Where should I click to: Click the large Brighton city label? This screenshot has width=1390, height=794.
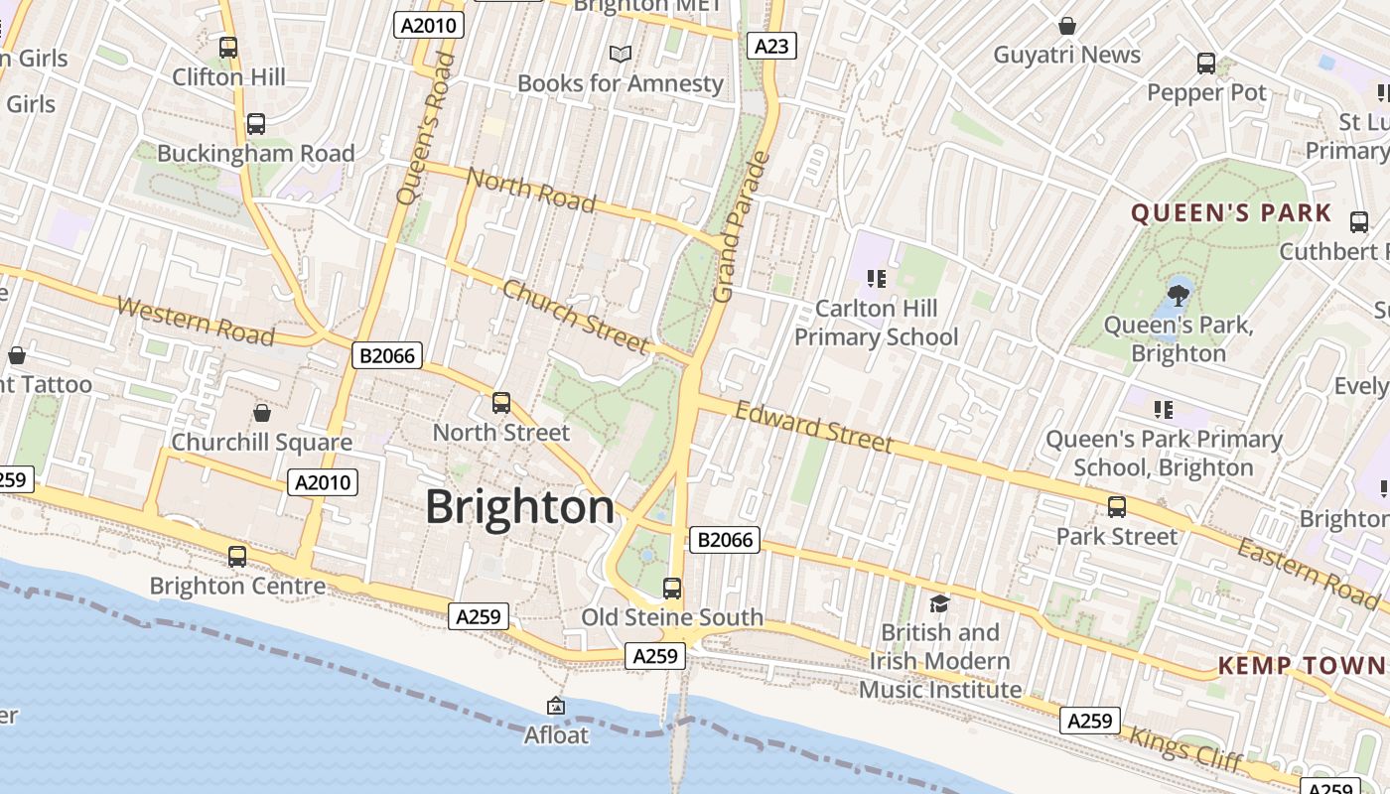click(x=520, y=507)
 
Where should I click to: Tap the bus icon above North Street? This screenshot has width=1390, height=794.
click(x=501, y=403)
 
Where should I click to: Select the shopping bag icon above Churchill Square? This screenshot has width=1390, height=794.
click(x=262, y=412)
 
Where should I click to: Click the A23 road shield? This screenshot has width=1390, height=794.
click(x=771, y=46)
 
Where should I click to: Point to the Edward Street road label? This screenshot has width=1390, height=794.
click(x=814, y=426)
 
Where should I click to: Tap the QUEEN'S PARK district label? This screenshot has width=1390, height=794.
click(x=1231, y=213)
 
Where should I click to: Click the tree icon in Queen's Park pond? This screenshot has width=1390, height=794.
click(x=1179, y=294)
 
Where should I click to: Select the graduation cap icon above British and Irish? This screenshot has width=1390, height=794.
click(x=939, y=603)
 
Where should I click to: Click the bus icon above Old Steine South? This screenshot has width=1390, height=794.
click(x=672, y=589)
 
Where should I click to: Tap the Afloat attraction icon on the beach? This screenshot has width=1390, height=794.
click(x=556, y=706)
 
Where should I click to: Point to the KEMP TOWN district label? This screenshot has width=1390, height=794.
click(x=1303, y=665)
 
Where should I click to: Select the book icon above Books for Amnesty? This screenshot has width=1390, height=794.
click(x=621, y=54)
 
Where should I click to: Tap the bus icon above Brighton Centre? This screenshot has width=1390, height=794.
click(x=237, y=557)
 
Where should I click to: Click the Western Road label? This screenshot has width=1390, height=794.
click(x=196, y=321)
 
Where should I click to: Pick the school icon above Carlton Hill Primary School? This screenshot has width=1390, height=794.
click(x=876, y=278)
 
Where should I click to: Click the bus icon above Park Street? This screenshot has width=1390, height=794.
click(x=1117, y=507)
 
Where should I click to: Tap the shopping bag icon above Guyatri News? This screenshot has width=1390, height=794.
click(x=1067, y=25)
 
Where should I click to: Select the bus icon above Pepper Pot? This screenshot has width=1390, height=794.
click(x=1206, y=64)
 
